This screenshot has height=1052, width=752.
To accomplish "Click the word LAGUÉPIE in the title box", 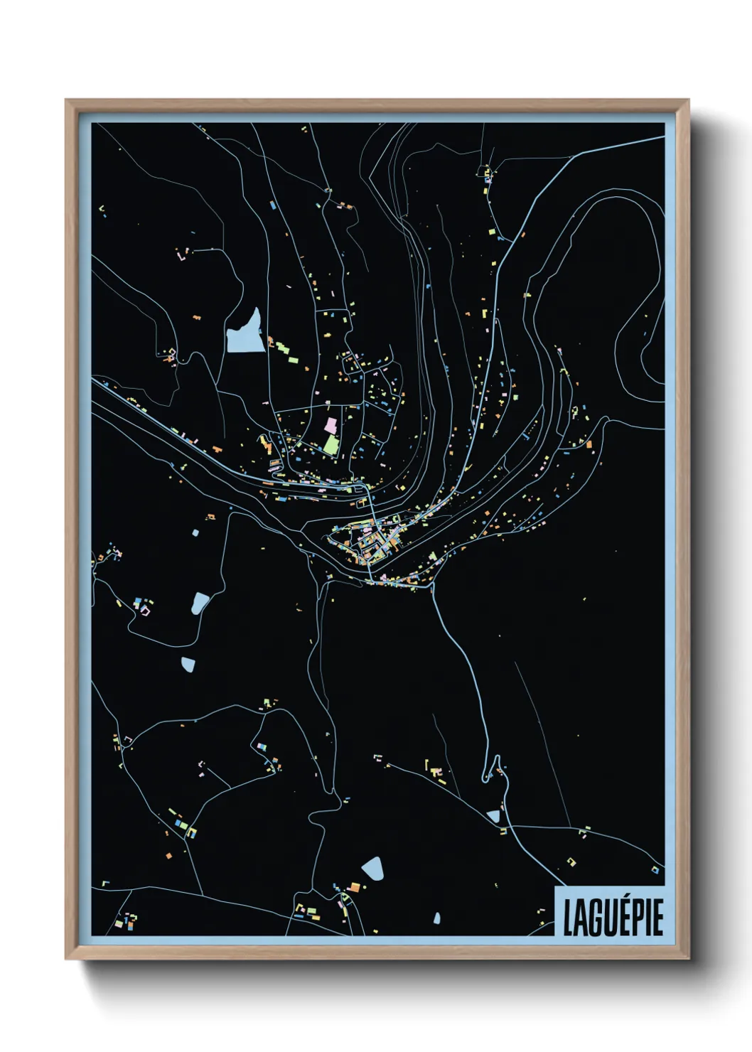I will click(x=613, y=917).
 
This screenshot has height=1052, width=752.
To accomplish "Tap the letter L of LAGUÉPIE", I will click(x=569, y=918).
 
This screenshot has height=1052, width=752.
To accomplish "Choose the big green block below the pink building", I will click(x=331, y=445).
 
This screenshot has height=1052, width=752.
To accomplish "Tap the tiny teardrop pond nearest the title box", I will click(x=437, y=919).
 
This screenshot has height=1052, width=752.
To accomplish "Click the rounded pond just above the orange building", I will click(x=372, y=869).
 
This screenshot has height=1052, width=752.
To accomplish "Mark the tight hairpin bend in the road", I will click(x=490, y=771).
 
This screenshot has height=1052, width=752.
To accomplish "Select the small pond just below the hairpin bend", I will click(x=493, y=816).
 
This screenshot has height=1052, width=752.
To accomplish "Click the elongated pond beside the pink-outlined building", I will click(x=200, y=603).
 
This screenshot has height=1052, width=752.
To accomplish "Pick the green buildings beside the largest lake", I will click(x=283, y=349).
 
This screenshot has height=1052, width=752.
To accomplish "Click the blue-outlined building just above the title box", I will click(x=655, y=869).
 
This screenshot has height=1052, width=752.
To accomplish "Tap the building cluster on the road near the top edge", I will click(x=488, y=172).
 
